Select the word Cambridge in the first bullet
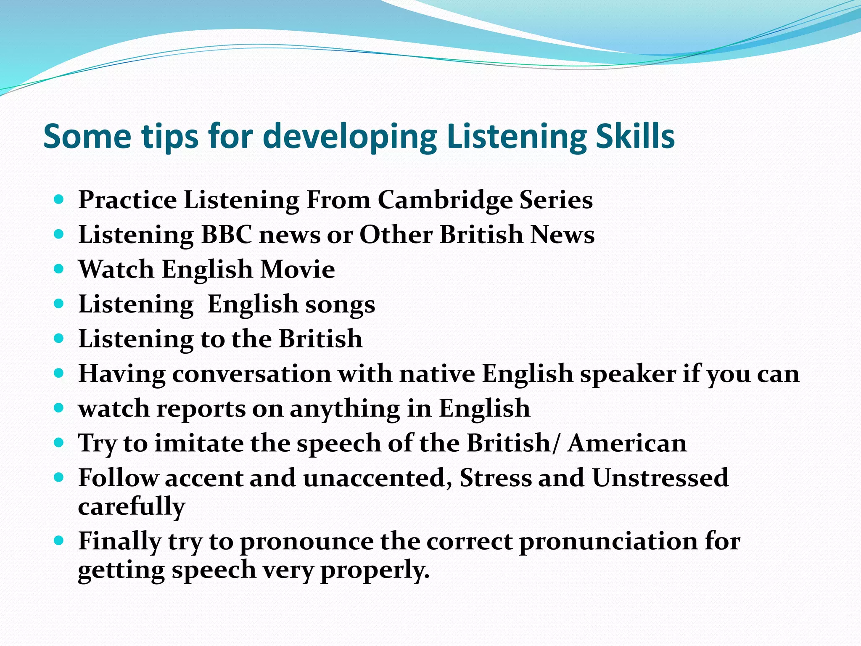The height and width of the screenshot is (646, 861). tap(445, 200)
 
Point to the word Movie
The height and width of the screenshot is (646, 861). tap(297, 270)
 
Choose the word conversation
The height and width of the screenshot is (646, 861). tap(251, 374)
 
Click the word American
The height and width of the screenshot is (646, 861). tap(627, 443)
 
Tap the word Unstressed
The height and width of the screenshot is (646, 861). tap(660, 478)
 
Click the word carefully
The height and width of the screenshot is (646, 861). tap(131, 507)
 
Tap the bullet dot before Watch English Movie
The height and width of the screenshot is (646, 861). tap(59, 268)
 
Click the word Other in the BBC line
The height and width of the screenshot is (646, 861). tap(396, 235)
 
